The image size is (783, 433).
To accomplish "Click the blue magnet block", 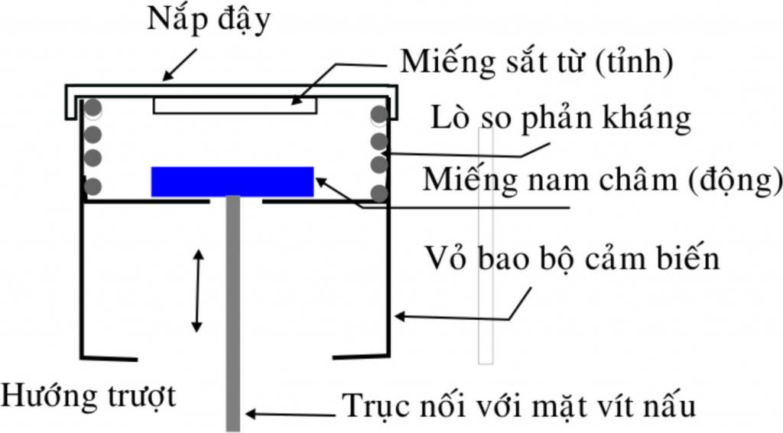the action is click(232, 182).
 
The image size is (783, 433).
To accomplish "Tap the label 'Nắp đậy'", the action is click(209, 21).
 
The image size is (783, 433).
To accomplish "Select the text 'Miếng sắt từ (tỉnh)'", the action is click(537, 63).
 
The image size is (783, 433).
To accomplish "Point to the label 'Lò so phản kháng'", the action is click(560, 119).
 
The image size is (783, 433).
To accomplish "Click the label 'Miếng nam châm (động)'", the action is click(603, 180).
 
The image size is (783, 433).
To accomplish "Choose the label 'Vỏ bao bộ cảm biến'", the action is click(572, 259).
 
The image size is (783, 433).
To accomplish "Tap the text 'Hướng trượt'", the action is click(89, 396).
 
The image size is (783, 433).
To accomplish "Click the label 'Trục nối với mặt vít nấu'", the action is click(519, 405).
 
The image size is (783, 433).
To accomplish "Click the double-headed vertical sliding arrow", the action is click(198, 291).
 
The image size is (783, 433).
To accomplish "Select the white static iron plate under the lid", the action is click(235, 106).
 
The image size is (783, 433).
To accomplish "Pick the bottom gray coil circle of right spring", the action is click(379, 193).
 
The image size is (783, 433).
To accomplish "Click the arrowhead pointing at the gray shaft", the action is click(251, 414).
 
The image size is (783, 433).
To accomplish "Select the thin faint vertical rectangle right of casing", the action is click(486, 246).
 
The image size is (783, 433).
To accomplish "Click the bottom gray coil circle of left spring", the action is click(93, 187).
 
